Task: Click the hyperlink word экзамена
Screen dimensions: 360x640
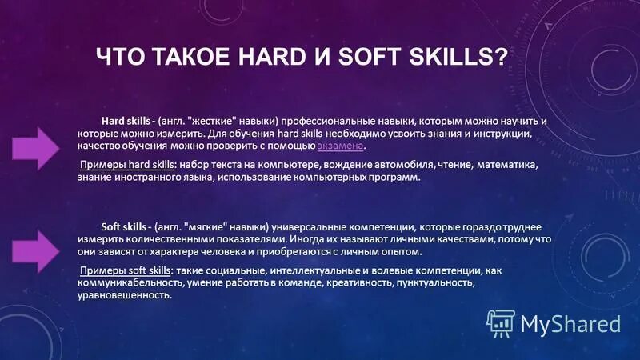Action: [x=341, y=147]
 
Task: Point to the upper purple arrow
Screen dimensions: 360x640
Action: [x=37, y=148]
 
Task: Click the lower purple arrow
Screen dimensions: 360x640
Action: [x=37, y=243]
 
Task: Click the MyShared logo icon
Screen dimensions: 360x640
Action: [x=501, y=323]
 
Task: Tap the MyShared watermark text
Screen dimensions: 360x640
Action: [x=570, y=323]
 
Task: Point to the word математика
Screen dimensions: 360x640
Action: [x=507, y=165]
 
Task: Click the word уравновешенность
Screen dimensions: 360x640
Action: [x=124, y=295]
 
